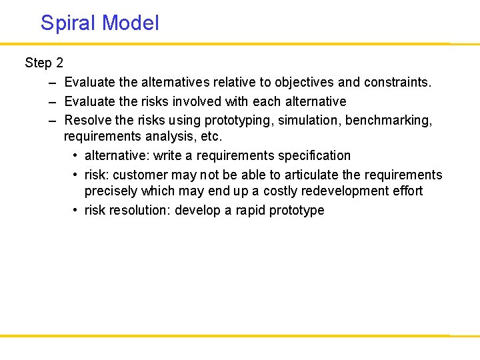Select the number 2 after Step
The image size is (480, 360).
pyautogui.click(x=59, y=63)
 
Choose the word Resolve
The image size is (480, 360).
pyautogui.click(x=87, y=121)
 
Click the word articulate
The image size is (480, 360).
pyautogui.click(x=311, y=175)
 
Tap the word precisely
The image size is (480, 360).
pyautogui.click(x=111, y=191)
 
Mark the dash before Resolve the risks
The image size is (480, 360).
pyautogui.click(x=52, y=121)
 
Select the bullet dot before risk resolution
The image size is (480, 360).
pyautogui.click(x=75, y=211)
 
